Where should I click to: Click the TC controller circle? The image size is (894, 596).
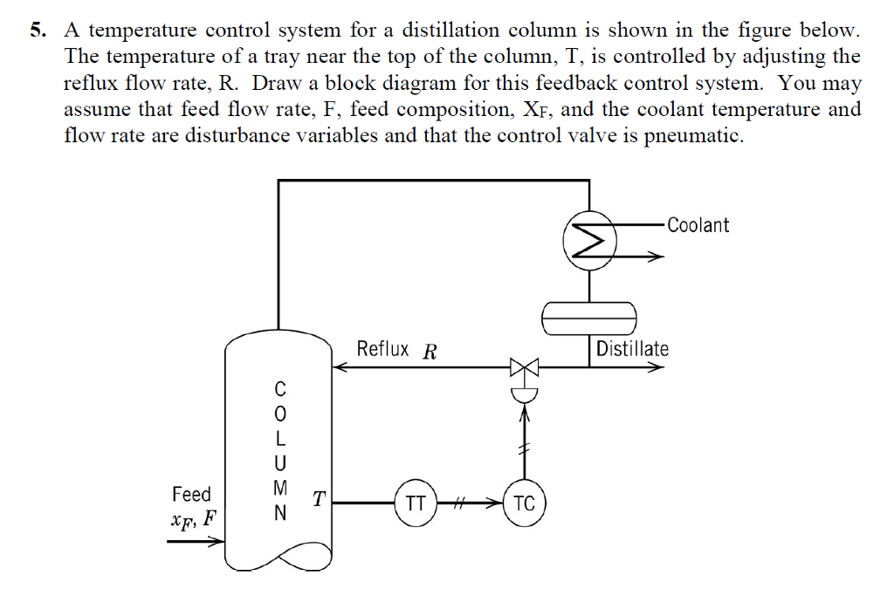point(524,503)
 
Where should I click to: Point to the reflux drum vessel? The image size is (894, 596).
point(589,317)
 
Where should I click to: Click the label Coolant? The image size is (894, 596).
point(698,225)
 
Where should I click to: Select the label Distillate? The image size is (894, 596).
point(632,349)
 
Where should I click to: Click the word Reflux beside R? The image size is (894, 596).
point(382,350)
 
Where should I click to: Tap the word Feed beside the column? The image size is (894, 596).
point(191,494)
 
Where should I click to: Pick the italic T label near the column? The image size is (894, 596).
point(320,498)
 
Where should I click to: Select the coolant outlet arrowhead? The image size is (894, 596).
point(657,256)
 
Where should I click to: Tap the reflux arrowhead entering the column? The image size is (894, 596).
point(341,367)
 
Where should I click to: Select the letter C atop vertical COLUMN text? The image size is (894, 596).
point(279,387)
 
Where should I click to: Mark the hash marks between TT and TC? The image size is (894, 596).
point(465,503)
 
